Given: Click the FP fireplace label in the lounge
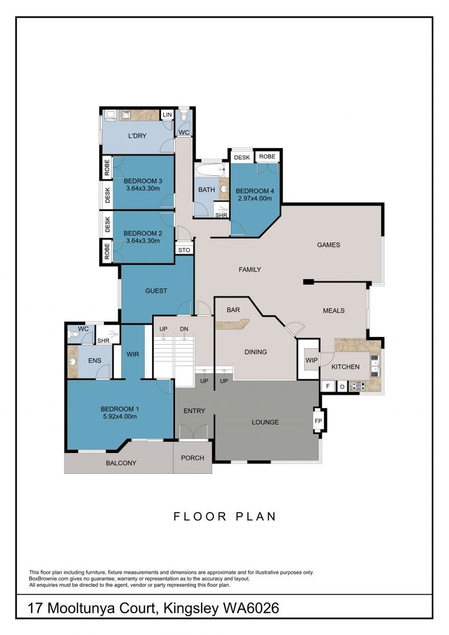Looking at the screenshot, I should [x=318, y=421].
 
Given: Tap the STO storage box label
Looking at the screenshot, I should [x=184, y=250].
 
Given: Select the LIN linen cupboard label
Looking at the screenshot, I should [x=167, y=115].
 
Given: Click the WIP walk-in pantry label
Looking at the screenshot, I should [x=310, y=360].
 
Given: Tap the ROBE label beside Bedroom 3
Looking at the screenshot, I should [x=107, y=169].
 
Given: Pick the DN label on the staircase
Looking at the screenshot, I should [x=184, y=328].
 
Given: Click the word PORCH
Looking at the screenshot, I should [x=192, y=459].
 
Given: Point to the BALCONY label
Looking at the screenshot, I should [x=121, y=463].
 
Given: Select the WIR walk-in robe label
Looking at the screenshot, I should [x=132, y=355].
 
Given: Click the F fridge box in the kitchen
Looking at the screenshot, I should [x=327, y=386].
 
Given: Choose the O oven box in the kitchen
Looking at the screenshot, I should [x=341, y=386].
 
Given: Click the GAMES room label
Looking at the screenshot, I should [x=329, y=245].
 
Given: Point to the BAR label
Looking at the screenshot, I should [x=233, y=309].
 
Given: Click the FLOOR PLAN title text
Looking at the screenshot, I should [x=224, y=517].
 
